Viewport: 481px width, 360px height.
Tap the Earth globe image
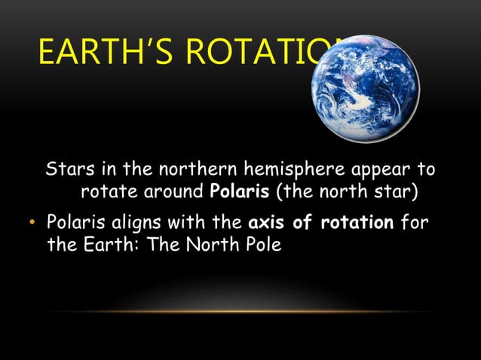[366, 88]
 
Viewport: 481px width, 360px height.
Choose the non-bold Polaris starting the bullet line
[76, 224]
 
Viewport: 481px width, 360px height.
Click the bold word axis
[268, 224]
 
